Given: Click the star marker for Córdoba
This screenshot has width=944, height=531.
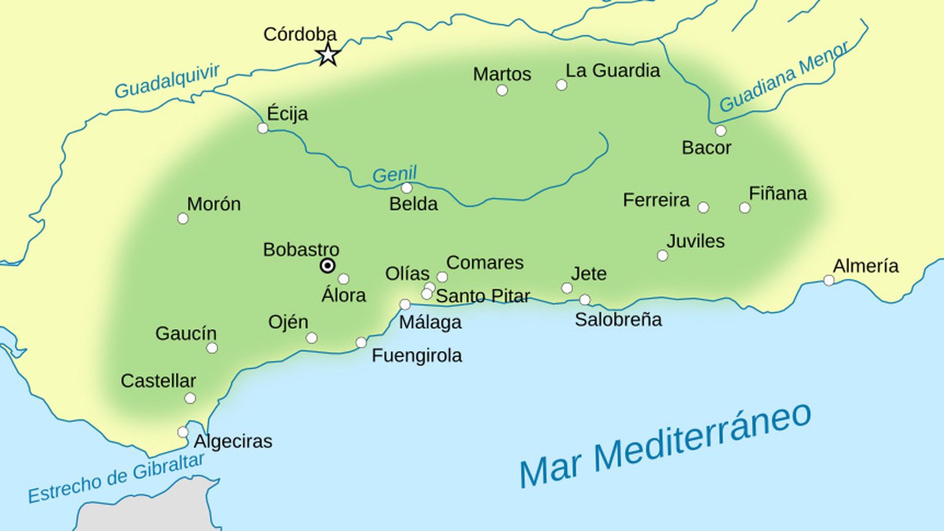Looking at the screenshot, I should pyautogui.click(x=328, y=55).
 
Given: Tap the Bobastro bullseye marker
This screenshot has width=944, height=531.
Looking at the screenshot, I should pyautogui.click(x=327, y=265).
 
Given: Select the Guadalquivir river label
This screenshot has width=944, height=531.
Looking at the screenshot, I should pyautogui.click(x=167, y=81).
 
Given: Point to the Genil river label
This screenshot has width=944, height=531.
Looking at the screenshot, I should pyautogui.click(x=394, y=175).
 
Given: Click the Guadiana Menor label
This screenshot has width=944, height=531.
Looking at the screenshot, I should pyautogui.click(x=784, y=77).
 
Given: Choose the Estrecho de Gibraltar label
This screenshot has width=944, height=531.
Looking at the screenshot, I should pyautogui.click(x=116, y=478).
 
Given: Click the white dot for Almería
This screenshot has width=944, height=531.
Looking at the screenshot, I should pyautogui.click(x=829, y=280).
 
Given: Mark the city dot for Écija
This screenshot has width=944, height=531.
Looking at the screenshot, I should pyautogui.click(x=263, y=128).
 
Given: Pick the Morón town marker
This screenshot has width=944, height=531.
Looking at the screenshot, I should pyautogui.click(x=183, y=219).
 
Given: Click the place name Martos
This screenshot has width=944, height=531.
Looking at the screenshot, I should pyautogui.click(x=502, y=74).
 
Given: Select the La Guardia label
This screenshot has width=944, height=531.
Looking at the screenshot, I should pyautogui.click(x=612, y=71).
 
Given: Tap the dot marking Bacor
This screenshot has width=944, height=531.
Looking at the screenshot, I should pyautogui.click(x=720, y=131).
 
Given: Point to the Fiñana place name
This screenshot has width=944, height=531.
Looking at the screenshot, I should pyautogui.click(x=778, y=194).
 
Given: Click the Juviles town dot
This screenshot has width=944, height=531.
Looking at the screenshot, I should pyautogui.click(x=663, y=255).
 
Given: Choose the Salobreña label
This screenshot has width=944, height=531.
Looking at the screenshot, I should pyautogui.click(x=618, y=320).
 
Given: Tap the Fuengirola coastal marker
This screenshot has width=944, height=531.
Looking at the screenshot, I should pyautogui.click(x=361, y=343).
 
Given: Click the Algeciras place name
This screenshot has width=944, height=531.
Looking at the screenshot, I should pyautogui.click(x=233, y=441).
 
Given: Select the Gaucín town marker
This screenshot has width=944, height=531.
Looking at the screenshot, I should pyautogui.click(x=212, y=348).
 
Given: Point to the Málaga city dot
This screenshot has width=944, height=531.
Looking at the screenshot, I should pyautogui.click(x=405, y=304).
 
